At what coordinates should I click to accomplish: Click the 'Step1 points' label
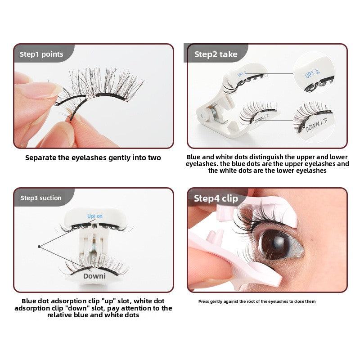pyautogui.click(x=41, y=54)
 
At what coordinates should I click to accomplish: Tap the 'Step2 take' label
pyautogui.click(x=216, y=54)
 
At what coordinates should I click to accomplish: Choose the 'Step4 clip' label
pyautogui.click(x=216, y=198)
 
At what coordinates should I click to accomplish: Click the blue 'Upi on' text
pyautogui.click(x=94, y=216)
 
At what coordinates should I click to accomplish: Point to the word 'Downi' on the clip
pyautogui.click(x=94, y=276)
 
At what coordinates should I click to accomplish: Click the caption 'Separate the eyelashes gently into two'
pyautogui.click(x=93, y=157)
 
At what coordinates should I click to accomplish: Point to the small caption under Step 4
pyautogui.click(x=257, y=301)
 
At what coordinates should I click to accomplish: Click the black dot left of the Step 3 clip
pyautogui.click(x=40, y=246)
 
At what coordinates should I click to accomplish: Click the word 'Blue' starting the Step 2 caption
pyautogui.click(x=194, y=157)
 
